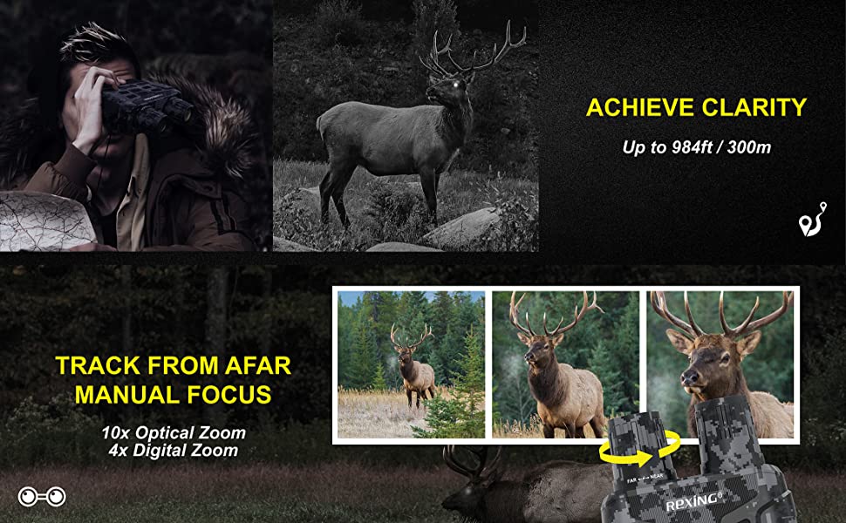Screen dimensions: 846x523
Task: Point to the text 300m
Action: pos(749,147)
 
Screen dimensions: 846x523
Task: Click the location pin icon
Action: pos(811,220)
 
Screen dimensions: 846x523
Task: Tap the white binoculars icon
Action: pos(42,496)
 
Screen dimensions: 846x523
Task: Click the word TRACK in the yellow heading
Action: pos(98,365)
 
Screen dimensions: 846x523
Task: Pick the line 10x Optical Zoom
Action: pos(174,432)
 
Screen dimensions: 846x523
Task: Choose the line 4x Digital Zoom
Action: pos(174,450)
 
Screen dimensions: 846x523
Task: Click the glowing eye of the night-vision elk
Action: pos(455,85)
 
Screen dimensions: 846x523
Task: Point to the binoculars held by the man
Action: pos(146,105)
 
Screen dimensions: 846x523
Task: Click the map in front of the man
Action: pos(46,221)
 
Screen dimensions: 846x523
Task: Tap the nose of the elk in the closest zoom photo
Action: pos(690,377)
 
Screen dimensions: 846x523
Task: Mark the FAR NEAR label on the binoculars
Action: pos(645,477)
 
